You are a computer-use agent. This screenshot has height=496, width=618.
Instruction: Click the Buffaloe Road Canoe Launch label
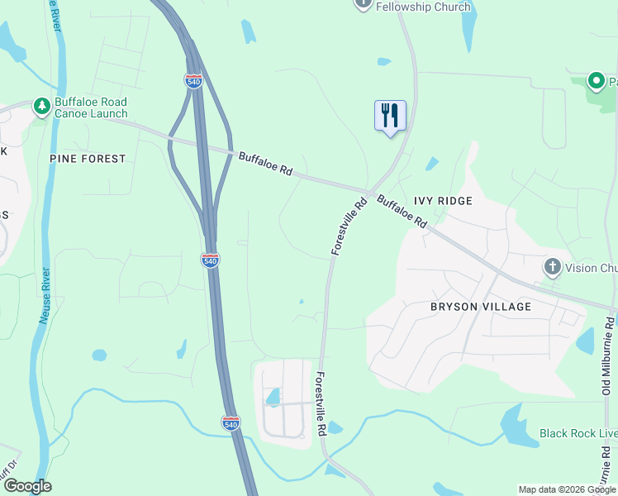[x=91, y=108]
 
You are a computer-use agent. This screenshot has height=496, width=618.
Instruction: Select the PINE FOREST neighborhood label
[x=88, y=158]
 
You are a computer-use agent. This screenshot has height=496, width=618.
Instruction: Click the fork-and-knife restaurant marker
[x=390, y=116]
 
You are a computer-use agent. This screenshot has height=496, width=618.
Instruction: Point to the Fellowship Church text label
[x=423, y=7]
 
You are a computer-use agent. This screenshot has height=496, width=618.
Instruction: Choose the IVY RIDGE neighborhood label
[x=443, y=201]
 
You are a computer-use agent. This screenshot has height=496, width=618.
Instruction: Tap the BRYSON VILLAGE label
[x=481, y=307]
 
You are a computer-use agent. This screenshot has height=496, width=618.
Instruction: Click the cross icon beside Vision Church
[x=552, y=267]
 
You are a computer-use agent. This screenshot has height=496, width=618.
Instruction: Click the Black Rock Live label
[x=578, y=433]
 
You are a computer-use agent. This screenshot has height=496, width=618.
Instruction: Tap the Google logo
[x=27, y=486]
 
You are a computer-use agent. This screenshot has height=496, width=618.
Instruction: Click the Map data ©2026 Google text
[x=566, y=489]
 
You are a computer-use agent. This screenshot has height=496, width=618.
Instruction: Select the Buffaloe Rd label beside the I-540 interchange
[x=266, y=164]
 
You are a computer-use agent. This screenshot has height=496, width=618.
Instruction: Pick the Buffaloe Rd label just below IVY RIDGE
[x=402, y=212]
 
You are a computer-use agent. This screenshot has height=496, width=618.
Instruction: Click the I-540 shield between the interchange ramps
[x=193, y=81]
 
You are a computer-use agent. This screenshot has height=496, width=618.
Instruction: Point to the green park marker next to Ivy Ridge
[x=596, y=81]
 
